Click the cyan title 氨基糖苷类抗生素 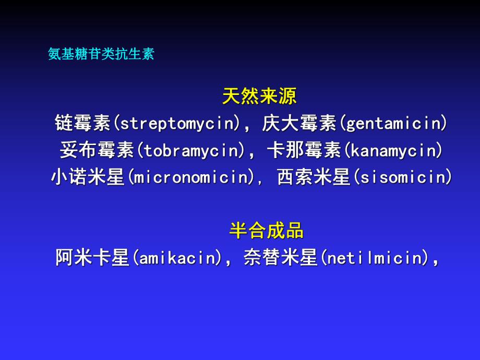tap(101, 54)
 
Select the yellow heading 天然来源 tap(259, 96)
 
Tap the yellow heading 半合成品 tap(266, 230)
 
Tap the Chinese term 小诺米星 tap(88, 178)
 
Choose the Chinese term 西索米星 tap(313, 178)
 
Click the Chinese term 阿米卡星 tap(92, 258)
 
